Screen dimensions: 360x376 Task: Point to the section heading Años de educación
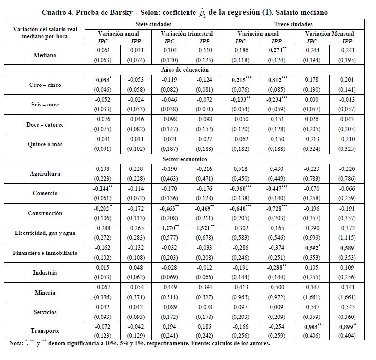pyautogui.click(x=188, y=70)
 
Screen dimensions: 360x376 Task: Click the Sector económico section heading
pyautogui.click(x=188, y=159)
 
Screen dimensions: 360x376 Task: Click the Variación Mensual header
pyautogui.click(x=330, y=33)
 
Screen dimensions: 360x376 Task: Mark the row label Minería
pyautogui.click(x=45, y=293)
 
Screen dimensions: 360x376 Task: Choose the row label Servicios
pyautogui.click(x=45, y=312)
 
